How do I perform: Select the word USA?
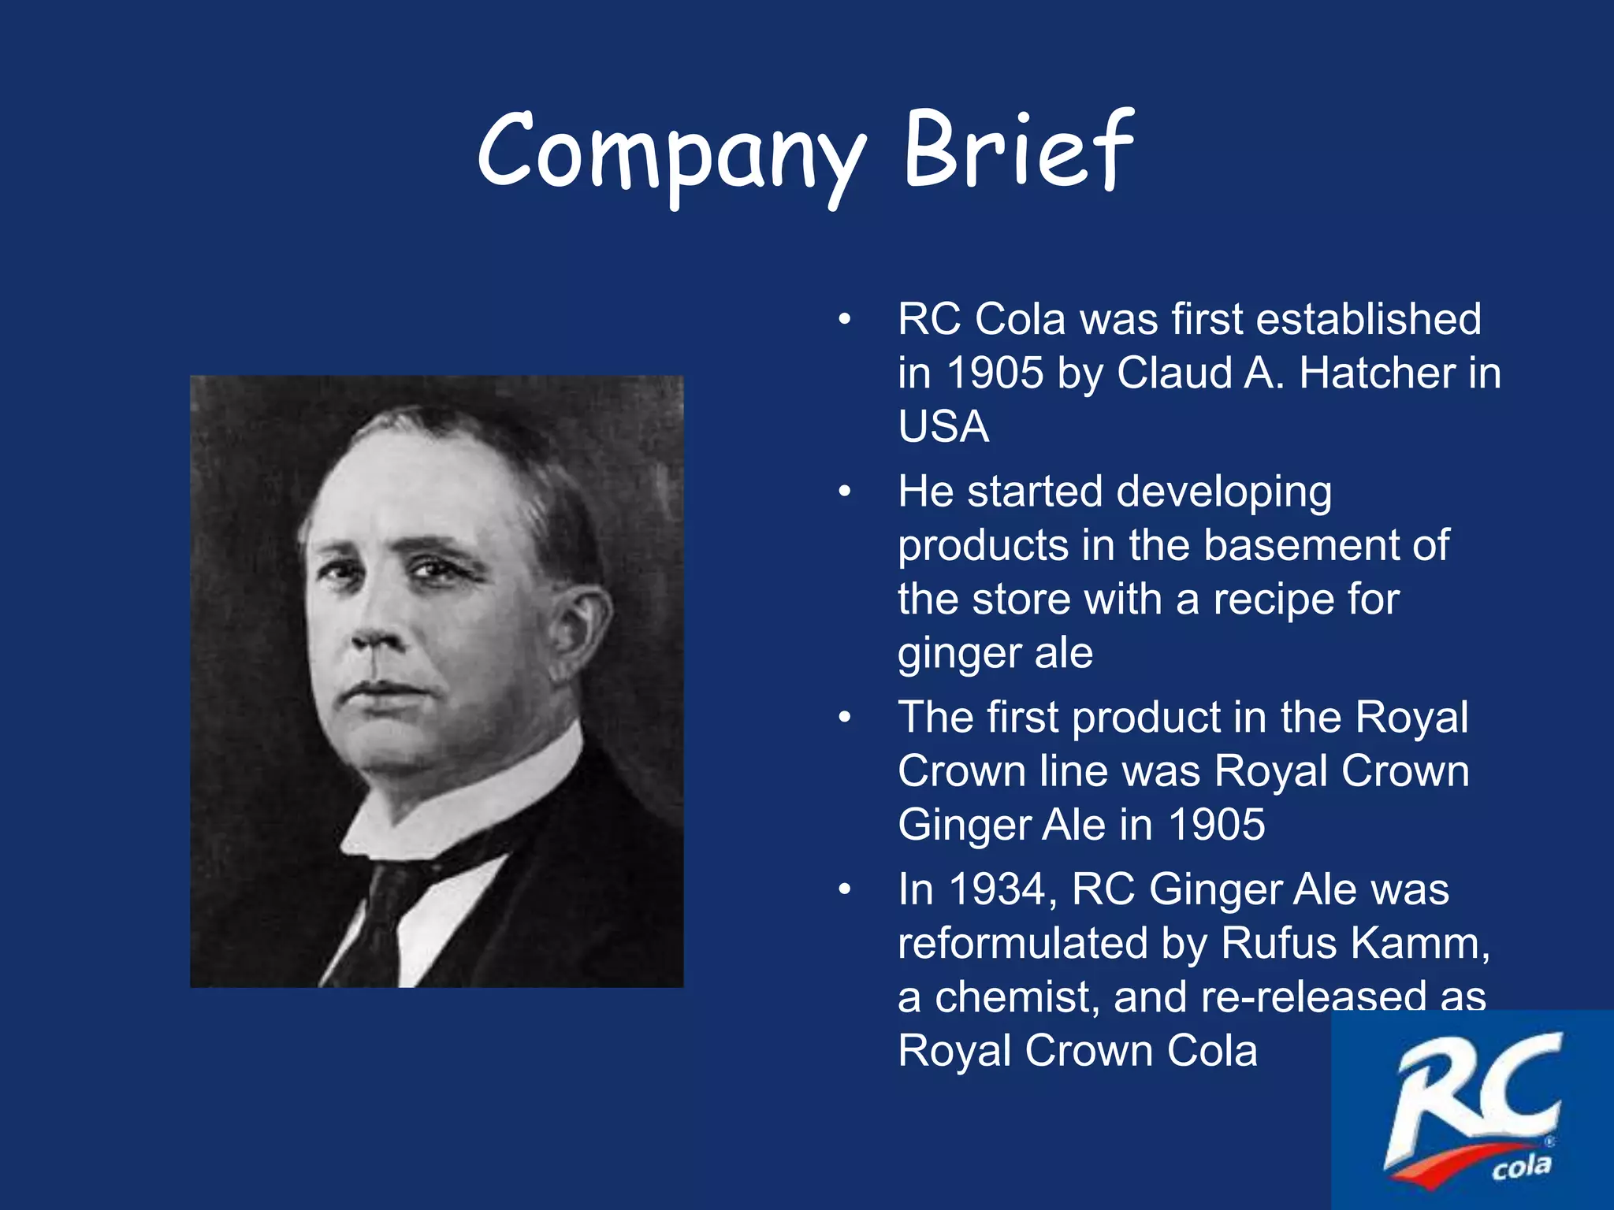[943, 426]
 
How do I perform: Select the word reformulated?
[1022, 943]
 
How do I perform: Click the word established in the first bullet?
[1368, 319]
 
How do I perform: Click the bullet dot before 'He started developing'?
[845, 492]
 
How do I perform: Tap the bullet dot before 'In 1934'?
[845, 889]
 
